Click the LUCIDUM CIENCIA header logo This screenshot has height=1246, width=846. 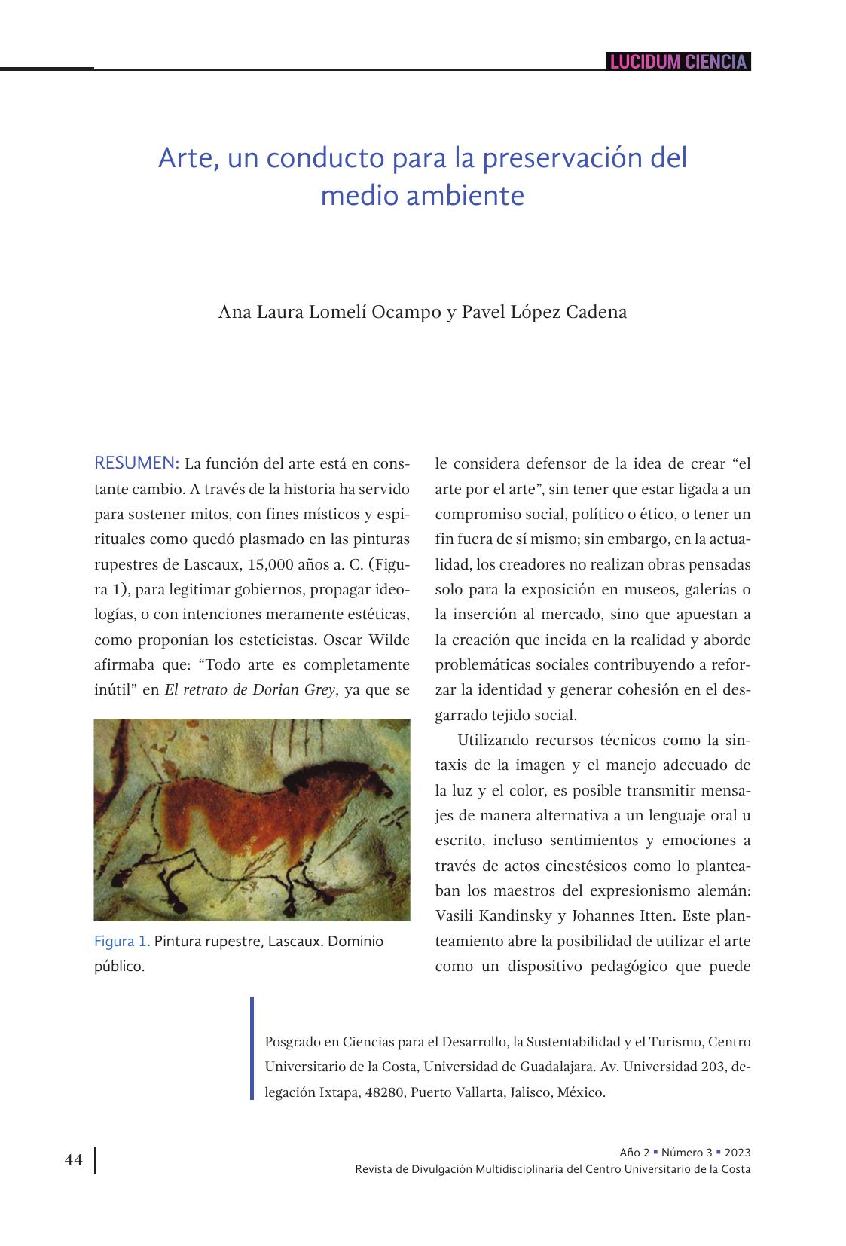pyautogui.click(x=678, y=62)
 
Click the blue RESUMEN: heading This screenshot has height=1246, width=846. pyautogui.click(x=136, y=463)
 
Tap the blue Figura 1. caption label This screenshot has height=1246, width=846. pyautogui.click(x=122, y=942)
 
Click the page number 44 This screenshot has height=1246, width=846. pyautogui.click(x=74, y=1160)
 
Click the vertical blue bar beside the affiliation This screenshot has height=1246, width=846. pyautogui.click(x=252, y=1049)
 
